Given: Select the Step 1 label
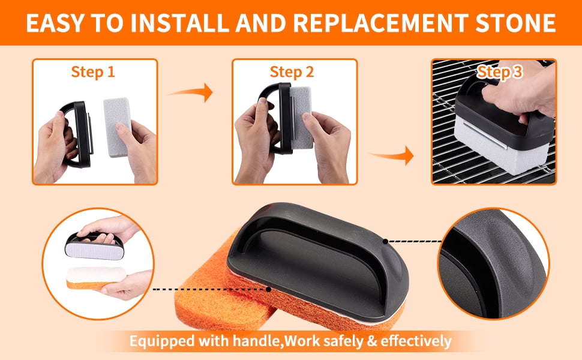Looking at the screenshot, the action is [x=93, y=72].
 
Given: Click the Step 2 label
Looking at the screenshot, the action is [x=292, y=72].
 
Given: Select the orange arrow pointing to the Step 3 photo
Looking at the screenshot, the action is [x=392, y=155].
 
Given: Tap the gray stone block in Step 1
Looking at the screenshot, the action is [x=116, y=127].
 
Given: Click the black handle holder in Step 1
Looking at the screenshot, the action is [x=77, y=134].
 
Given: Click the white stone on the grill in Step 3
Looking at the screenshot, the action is [x=501, y=146].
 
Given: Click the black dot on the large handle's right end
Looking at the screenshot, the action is [x=386, y=242].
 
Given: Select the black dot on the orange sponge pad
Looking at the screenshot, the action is [x=269, y=289].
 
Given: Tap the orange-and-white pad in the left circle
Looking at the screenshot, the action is [x=96, y=278].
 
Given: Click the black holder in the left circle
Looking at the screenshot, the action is [x=94, y=245].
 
